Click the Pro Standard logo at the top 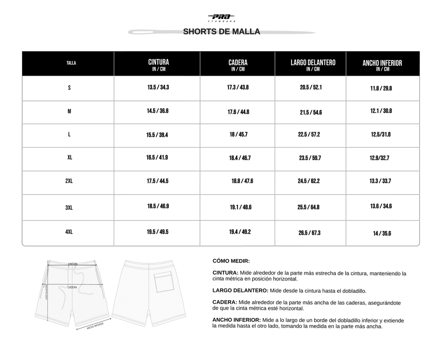tap(221, 18)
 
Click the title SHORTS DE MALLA tap(221, 32)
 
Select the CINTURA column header tap(158, 65)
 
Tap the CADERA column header tap(238, 65)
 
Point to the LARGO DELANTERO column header tap(313, 65)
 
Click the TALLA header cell tap(71, 63)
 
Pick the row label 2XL tap(69, 181)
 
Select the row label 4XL tap(69, 232)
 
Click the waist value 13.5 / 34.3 tap(158, 88)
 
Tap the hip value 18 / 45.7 tap(239, 134)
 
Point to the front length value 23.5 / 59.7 tap(309, 158)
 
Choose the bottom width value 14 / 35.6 tap(382, 234)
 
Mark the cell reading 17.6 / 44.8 tap(238, 112)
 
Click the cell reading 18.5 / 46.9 tap(158, 207)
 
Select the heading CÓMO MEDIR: tap(231, 261)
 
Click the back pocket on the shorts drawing tap(164, 283)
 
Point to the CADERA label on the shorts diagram tap(72, 287)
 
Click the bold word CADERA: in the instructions tap(225, 303)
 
